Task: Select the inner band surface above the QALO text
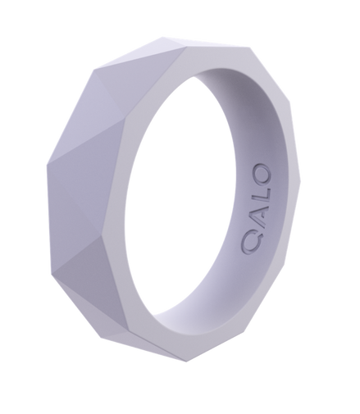coord(262,139)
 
